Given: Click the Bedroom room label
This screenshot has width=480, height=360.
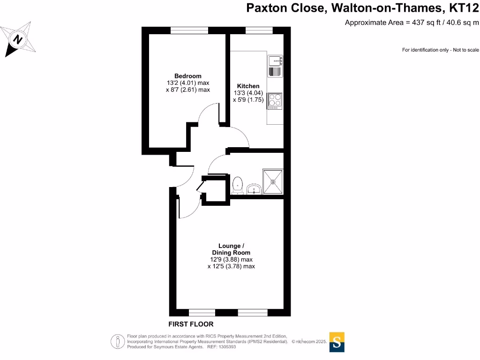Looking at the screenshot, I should (x=187, y=76).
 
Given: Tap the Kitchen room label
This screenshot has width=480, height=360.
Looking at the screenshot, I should (x=248, y=86).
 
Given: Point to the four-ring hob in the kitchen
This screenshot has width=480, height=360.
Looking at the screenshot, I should (x=275, y=101).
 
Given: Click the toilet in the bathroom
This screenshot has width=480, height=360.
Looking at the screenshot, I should (x=237, y=185).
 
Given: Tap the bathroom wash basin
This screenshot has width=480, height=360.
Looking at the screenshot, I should (x=254, y=189).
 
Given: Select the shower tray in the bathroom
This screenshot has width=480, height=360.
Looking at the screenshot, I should (x=272, y=181).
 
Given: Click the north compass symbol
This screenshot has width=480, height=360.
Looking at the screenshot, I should (x=19, y=40).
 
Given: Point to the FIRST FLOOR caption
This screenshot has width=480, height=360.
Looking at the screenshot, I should (x=191, y=324).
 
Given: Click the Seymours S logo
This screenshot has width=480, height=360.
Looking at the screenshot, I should (x=337, y=342).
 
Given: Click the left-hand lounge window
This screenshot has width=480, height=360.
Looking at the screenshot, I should (x=202, y=312).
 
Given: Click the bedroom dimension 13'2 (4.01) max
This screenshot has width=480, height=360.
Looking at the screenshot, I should (x=187, y=83).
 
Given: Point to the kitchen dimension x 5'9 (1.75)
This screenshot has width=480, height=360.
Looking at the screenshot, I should (x=248, y=99).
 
